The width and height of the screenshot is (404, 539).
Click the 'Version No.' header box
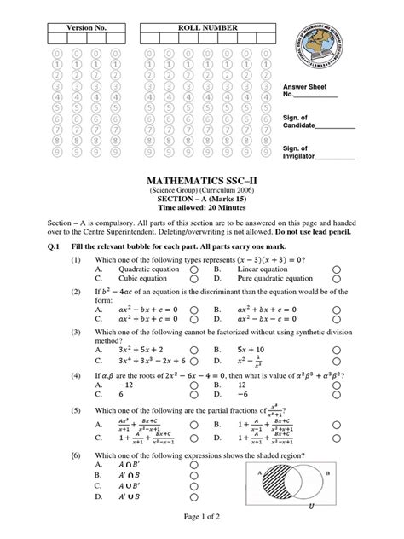[81, 28]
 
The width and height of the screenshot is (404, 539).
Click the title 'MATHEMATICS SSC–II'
[202, 182]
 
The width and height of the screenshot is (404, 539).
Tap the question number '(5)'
[76, 409]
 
